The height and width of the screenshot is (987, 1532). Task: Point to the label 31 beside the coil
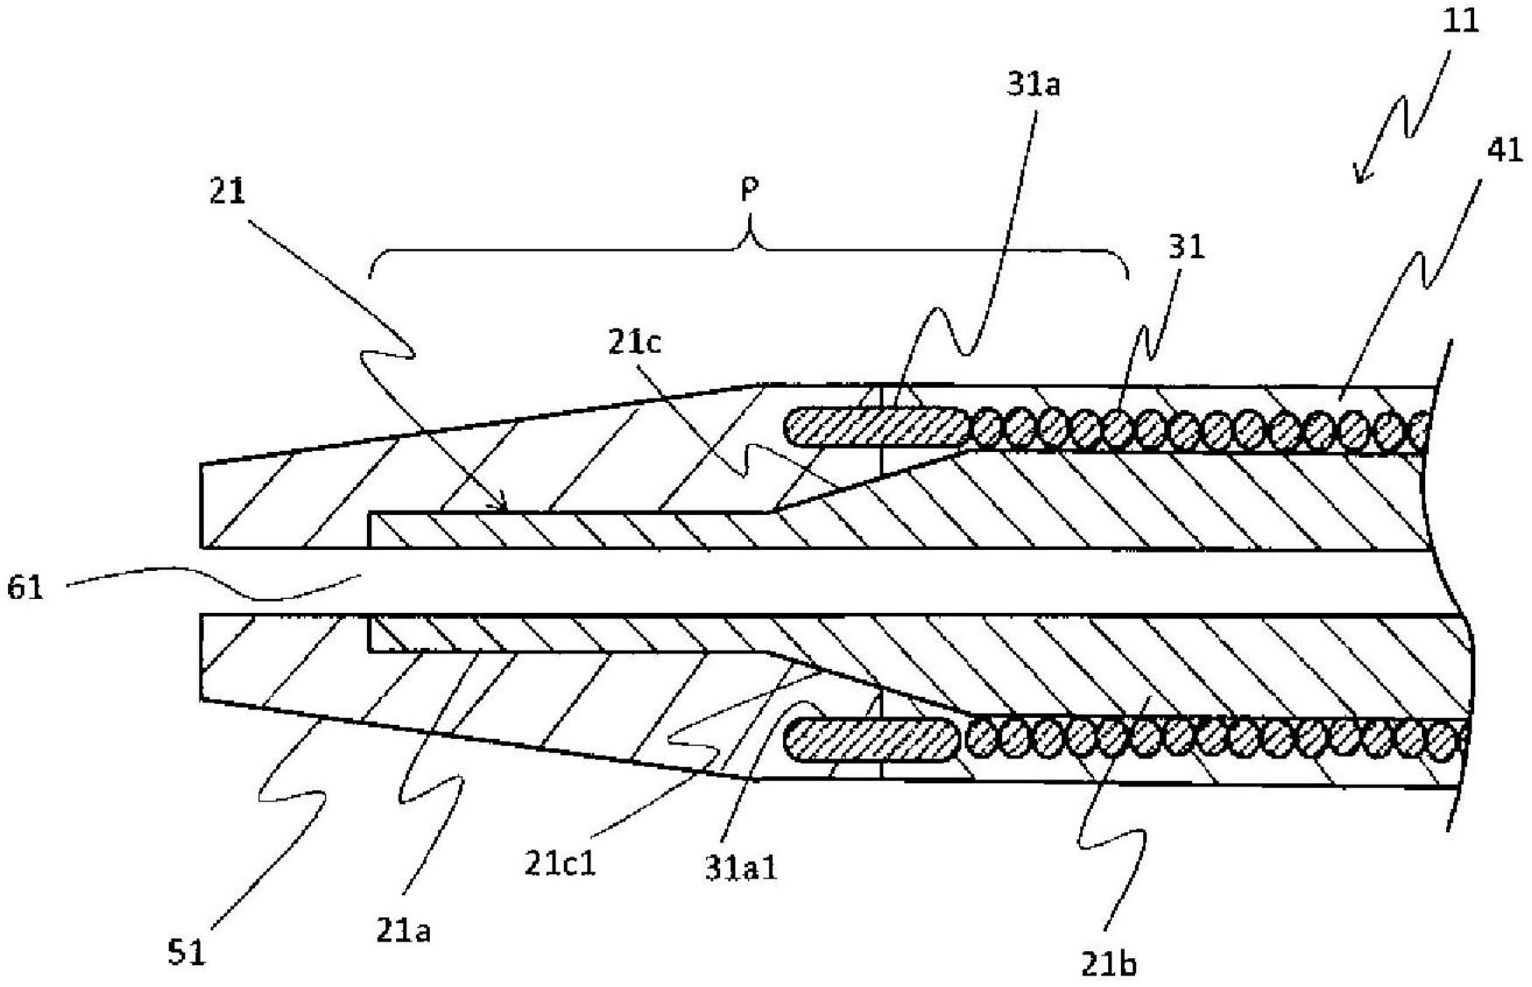1187,247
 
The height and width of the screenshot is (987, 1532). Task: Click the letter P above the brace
749,188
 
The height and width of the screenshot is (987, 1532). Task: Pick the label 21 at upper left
227,192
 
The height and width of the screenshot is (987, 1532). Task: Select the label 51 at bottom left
186,953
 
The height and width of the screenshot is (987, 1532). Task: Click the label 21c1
560,864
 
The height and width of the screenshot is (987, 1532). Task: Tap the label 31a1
741,867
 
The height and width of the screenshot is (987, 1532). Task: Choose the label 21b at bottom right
1109,964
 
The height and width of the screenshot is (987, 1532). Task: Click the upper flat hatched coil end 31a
877,427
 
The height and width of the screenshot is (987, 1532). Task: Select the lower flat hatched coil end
872,740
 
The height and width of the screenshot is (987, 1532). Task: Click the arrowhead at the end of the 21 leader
503,505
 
